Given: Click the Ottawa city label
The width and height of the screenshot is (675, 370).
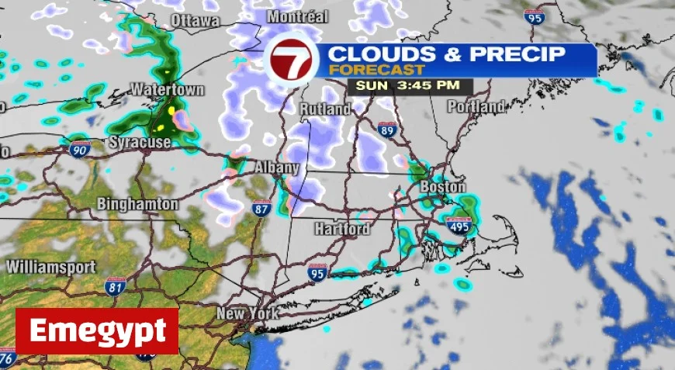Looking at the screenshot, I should point(195,20).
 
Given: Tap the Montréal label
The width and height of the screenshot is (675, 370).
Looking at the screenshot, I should point(297,16).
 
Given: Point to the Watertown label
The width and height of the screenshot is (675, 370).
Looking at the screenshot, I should point(167,89).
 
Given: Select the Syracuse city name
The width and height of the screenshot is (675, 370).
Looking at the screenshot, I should point(139,142).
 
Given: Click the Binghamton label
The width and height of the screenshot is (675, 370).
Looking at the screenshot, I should point(138,204).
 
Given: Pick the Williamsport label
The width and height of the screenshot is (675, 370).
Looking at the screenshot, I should point(50,266).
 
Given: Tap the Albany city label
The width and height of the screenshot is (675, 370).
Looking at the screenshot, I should point(277,167).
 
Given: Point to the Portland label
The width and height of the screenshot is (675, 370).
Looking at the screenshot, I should point(476,105).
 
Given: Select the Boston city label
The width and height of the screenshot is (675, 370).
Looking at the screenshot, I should point(442,187).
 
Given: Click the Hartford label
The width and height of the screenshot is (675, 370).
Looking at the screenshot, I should point(341,229).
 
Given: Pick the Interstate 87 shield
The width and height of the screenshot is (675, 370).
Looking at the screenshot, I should point(261,208).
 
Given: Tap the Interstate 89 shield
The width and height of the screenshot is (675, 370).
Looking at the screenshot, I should point(387,130).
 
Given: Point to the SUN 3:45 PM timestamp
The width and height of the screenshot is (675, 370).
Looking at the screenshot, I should point(399,85).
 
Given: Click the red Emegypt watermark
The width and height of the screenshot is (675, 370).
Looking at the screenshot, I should point(97,331).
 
